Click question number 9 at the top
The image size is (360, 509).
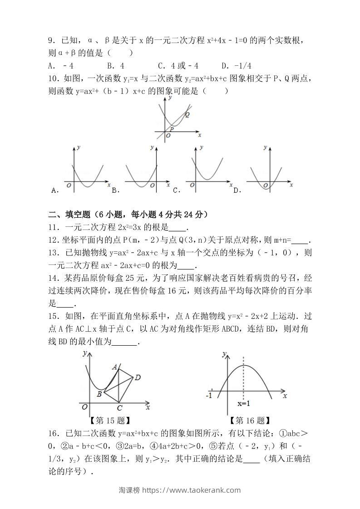click(x=51, y=41)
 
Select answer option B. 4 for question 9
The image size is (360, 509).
click(x=116, y=65)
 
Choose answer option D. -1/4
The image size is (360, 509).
click(x=237, y=65)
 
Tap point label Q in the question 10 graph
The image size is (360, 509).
click(x=187, y=115)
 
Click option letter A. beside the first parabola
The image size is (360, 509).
click(x=55, y=191)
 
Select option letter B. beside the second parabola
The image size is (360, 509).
click(x=115, y=191)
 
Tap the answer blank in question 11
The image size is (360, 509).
click(x=180, y=228)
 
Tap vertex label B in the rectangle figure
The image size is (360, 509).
click(x=99, y=394)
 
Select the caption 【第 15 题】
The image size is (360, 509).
click(x=109, y=421)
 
